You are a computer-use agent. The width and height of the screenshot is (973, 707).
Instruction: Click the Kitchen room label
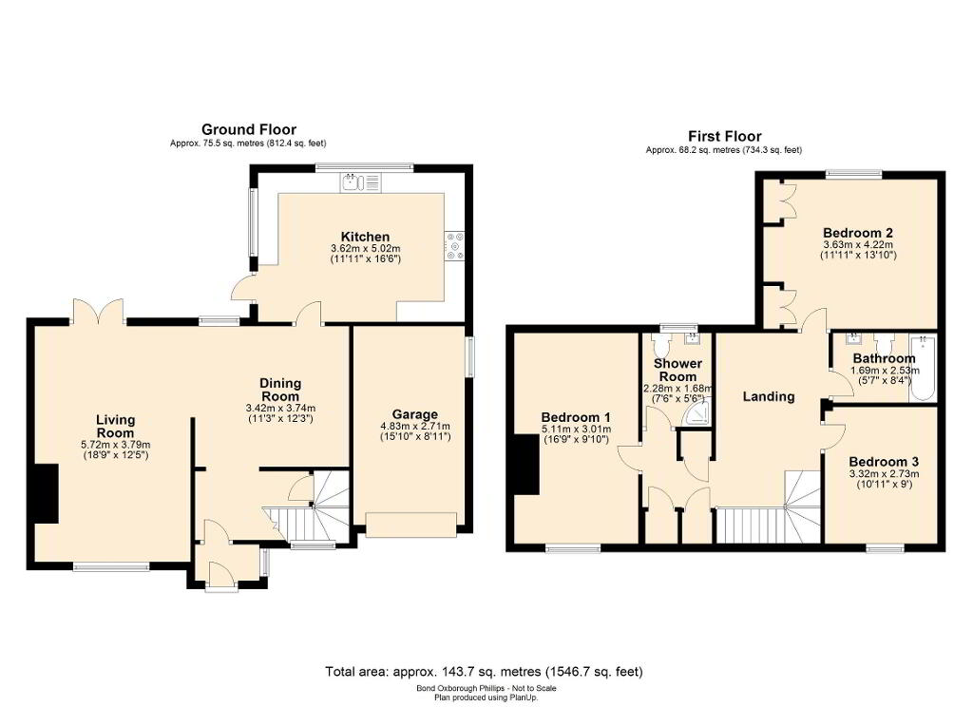point(365,237)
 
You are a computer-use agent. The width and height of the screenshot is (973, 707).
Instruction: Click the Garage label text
point(414,414)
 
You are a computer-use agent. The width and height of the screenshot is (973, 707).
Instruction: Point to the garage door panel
point(411,524)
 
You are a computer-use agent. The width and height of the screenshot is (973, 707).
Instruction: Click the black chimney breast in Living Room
point(47,493)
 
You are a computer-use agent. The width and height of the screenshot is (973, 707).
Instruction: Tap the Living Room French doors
point(99,312)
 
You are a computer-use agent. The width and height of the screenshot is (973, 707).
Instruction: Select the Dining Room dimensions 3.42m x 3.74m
point(280,409)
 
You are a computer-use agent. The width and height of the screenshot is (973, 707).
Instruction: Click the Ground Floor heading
point(249,130)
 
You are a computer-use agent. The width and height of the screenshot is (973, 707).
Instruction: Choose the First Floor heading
point(725,136)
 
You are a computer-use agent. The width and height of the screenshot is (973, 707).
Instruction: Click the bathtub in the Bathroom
point(923,368)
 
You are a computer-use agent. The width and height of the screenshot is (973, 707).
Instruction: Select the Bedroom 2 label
point(858,233)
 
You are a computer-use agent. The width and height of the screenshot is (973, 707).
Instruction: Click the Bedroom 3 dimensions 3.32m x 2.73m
point(884,473)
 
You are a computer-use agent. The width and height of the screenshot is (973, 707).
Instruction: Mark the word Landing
point(769,396)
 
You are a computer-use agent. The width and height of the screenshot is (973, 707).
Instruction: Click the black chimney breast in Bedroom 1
point(526,465)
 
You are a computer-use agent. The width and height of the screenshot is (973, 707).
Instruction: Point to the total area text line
point(484,672)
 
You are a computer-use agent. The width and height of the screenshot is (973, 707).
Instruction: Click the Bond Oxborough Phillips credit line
point(486,688)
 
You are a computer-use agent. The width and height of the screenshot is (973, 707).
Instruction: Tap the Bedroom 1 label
point(576,417)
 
